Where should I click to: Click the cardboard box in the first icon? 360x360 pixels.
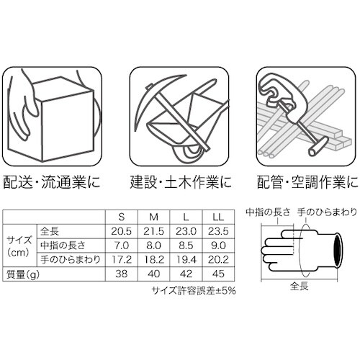[58, 119]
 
